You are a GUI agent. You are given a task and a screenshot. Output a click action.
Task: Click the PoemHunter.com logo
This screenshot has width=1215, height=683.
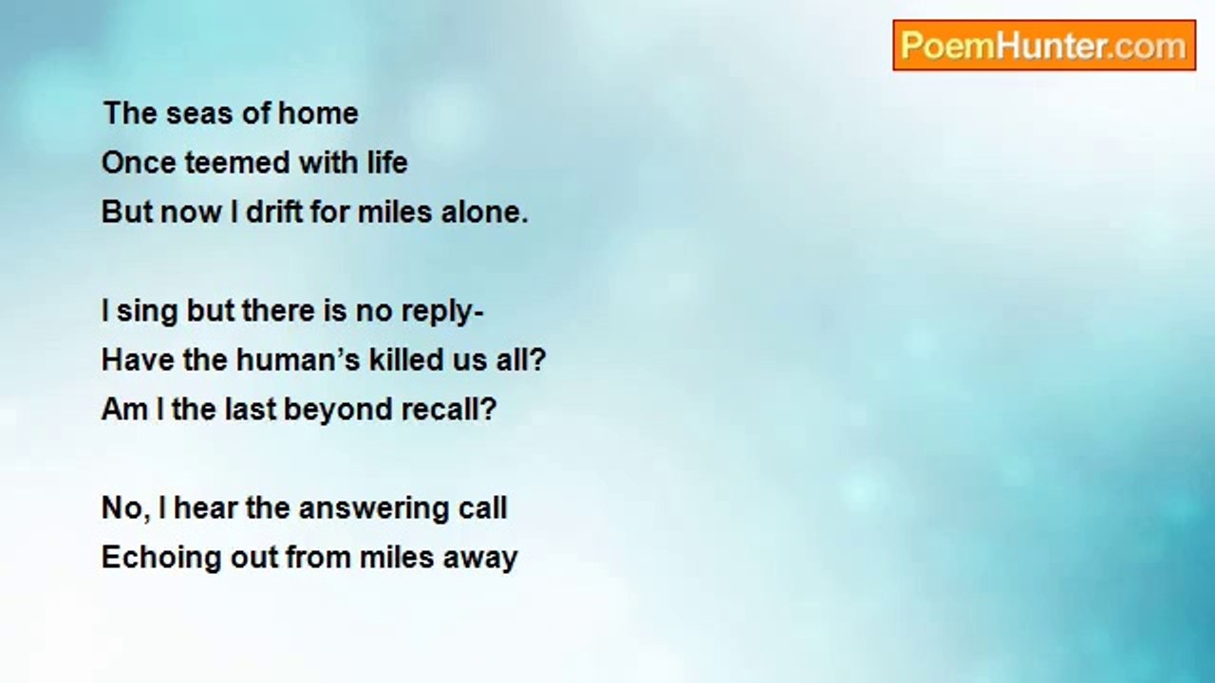point(1044,46)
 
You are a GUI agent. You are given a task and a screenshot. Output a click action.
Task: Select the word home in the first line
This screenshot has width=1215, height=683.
point(318,113)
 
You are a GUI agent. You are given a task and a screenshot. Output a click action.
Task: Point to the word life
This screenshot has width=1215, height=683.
point(387,162)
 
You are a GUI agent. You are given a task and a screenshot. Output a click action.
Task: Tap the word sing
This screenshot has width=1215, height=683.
point(147,312)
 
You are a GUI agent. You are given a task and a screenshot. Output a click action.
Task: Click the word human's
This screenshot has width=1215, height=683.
point(298,360)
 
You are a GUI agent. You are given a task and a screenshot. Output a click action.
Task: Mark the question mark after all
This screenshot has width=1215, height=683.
point(537,360)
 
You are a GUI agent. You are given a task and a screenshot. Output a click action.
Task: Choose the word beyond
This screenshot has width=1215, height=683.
point(337,410)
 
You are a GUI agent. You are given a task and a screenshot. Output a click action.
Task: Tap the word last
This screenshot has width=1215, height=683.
point(251,409)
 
